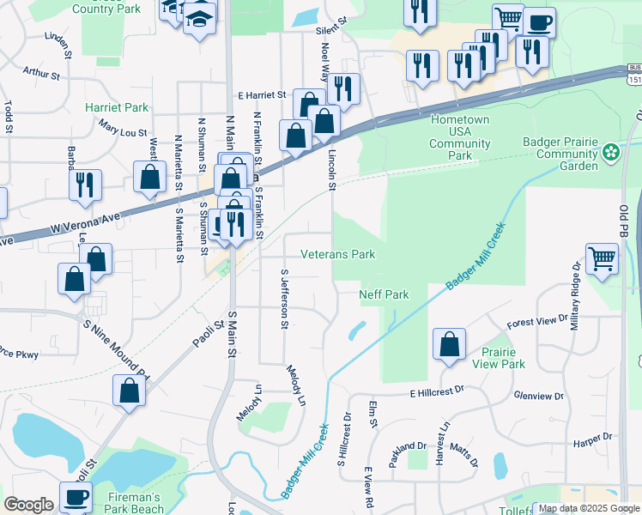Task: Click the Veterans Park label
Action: tap(338, 255)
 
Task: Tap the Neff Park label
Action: tap(383, 294)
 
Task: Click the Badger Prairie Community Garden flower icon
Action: tap(610, 153)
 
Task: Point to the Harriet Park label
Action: tap(117, 108)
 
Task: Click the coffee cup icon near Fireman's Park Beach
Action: tap(76, 497)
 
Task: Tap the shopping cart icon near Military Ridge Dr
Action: tap(602, 258)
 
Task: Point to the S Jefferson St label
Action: tap(284, 298)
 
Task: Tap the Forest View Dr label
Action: tap(537, 322)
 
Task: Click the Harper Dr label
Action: tap(593, 437)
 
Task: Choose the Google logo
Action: tap(28, 505)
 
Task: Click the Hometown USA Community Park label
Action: tap(460, 137)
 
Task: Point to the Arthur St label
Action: tap(41, 74)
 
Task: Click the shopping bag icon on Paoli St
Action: tap(129, 391)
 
